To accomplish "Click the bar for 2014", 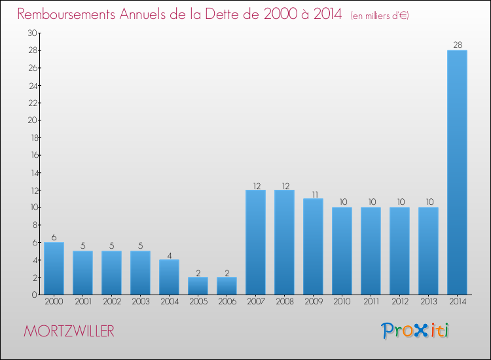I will point(457,172).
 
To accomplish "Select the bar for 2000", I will point(54,268).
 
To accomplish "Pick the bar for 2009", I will point(313,247).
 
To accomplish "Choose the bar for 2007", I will point(255,242).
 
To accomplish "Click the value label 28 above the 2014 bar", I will point(457,45).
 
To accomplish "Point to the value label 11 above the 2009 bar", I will point(313,194).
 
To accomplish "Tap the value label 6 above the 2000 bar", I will point(54,238).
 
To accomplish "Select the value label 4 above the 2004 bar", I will point(169,255).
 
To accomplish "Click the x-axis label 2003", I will point(140,302).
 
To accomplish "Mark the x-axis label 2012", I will point(399,302).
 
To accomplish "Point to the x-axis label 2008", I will point(284,302).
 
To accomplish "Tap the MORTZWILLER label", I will point(69,331).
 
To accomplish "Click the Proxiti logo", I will point(416,331).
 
